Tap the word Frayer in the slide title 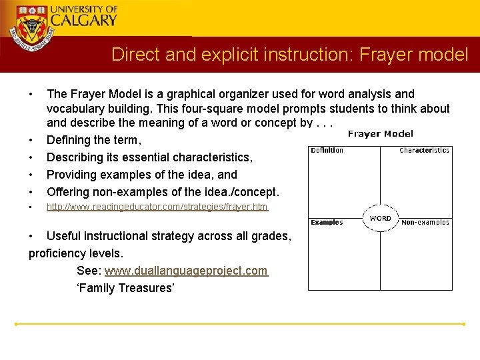click(388, 54)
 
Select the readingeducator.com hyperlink click(157, 207)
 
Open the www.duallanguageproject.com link click(186, 271)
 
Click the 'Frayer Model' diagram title click(381, 134)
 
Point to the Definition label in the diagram click(327, 151)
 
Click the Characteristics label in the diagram click(424, 151)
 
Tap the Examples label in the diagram click(327, 223)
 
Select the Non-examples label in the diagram click(425, 223)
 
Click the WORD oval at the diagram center click(380, 218)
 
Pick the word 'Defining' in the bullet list click(67, 140)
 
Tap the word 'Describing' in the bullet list click(74, 157)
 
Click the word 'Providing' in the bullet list click(70, 175)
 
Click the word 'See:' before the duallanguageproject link click(89, 271)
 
